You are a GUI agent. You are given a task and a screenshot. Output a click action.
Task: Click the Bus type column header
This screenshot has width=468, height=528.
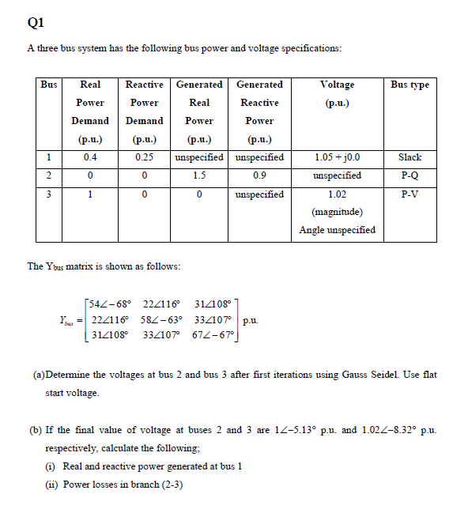pyautogui.click(x=409, y=85)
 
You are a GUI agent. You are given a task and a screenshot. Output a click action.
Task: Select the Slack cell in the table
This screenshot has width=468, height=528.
pyautogui.click(x=409, y=157)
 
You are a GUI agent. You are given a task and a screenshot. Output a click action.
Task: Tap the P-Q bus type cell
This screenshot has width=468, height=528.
pyautogui.click(x=409, y=175)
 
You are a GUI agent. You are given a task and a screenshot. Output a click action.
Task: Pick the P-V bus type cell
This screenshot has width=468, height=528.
pyautogui.click(x=409, y=194)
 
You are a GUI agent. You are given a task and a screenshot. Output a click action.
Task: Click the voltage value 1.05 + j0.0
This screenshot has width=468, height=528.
pyautogui.click(x=338, y=157)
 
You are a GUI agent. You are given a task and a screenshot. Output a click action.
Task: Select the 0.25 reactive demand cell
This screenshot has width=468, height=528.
pyautogui.click(x=144, y=157)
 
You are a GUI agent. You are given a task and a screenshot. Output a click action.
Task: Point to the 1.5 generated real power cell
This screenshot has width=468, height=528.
pyautogui.click(x=199, y=175)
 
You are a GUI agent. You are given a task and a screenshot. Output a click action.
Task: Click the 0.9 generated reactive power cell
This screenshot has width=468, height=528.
pyautogui.click(x=259, y=175)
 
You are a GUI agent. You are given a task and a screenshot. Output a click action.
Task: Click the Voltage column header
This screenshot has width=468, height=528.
pyautogui.click(x=338, y=85)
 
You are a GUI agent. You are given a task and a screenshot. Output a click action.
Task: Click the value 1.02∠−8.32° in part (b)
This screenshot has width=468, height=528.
pyautogui.click(x=386, y=430)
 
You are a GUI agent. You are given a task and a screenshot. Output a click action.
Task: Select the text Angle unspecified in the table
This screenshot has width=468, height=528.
pyautogui.click(x=338, y=230)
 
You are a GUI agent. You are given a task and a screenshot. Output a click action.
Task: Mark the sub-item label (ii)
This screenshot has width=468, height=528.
pyautogui.click(x=38, y=484)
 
